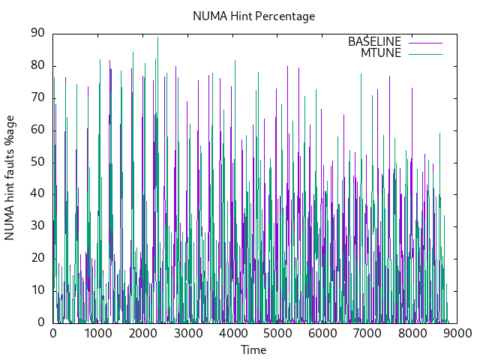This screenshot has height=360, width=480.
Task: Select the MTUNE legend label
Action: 381,52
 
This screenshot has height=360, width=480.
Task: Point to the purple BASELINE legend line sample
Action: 425,42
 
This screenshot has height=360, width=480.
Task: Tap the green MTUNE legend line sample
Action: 425,53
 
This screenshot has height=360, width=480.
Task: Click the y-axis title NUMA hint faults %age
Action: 10,178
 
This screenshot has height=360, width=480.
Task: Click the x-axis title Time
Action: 253,349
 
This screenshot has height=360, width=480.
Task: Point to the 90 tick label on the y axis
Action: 37,33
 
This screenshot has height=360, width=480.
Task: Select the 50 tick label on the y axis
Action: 37,161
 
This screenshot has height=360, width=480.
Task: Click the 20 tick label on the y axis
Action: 37,258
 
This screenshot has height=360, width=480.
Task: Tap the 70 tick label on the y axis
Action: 37,97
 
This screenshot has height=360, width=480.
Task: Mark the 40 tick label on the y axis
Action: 37,193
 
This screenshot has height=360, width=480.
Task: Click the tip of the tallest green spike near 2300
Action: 157,37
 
